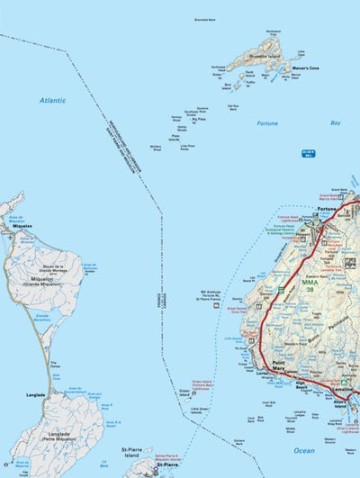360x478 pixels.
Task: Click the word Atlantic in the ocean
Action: coord(51,101)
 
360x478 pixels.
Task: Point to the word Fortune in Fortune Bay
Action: coord(267,123)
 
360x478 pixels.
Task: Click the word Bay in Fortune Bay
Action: coord(335,122)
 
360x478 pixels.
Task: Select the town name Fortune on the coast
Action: coord(327,210)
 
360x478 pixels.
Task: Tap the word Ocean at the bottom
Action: coord(303,450)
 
